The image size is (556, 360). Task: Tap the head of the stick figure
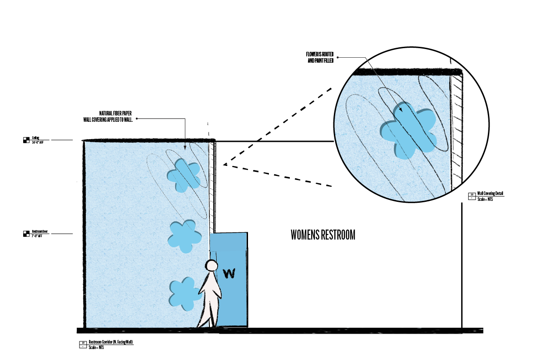click(212, 265)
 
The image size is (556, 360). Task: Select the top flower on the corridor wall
click(184, 175)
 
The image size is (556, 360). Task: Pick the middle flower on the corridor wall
click(184, 236)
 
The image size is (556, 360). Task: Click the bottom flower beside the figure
click(184, 291)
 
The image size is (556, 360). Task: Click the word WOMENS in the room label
click(305, 235)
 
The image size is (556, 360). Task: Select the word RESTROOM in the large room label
click(338, 235)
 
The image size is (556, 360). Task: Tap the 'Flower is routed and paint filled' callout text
click(320, 57)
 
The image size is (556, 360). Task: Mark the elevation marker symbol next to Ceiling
click(26, 140)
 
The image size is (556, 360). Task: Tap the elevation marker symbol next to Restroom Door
click(26, 234)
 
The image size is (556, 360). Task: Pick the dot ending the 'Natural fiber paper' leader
click(137, 119)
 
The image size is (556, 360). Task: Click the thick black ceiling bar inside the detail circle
click(407, 71)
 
